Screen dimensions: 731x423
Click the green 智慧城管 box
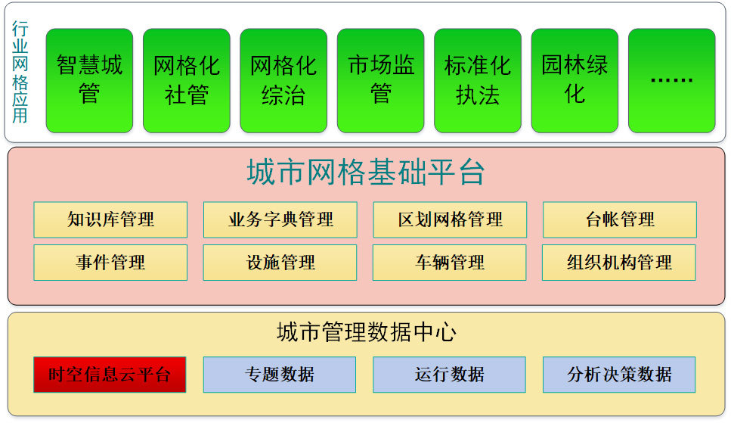(x=89, y=81)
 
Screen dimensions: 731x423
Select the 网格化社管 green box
(x=187, y=81)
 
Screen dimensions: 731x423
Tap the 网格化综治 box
(x=283, y=81)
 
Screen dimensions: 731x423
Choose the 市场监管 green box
(x=380, y=81)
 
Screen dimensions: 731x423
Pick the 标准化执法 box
(x=478, y=81)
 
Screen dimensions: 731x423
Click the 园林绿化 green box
(x=575, y=81)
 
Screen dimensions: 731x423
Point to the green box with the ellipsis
(x=671, y=81)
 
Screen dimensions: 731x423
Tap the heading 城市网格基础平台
(x=366, y=172)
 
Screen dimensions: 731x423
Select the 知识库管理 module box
(x=110, y=219)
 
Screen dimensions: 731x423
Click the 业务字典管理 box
(x=280, y=219)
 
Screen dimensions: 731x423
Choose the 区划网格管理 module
(x=450, y=219)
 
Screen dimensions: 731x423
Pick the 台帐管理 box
(x=620, y=219)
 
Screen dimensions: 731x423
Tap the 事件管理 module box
(x=110, y=263)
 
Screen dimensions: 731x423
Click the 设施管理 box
(x=280, y=263)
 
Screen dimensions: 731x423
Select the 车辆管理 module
(x=450, y=263)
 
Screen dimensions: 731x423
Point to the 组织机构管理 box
(x=619, y=263)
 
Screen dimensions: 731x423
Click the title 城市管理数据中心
(x=367, y=332)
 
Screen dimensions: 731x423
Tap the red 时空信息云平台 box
(x=110, y=375)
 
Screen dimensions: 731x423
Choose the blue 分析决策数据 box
(x=619, y=375)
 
